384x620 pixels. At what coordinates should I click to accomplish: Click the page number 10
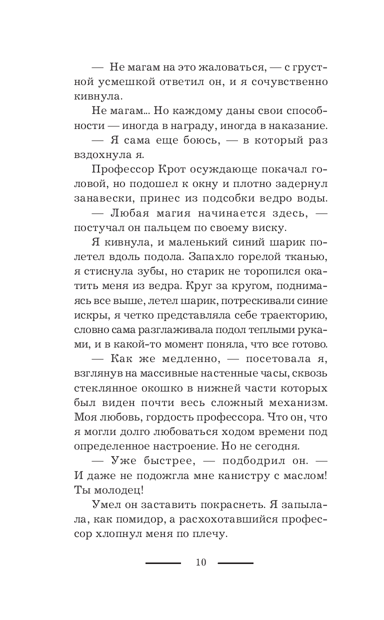coord(200,562)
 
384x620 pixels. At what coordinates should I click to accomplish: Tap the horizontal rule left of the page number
coord(163,563)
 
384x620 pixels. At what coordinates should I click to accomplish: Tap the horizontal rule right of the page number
coord(235,563)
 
